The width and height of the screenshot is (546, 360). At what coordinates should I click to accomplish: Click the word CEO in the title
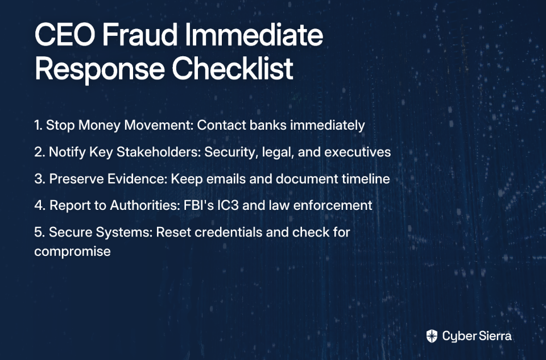pos(65,35)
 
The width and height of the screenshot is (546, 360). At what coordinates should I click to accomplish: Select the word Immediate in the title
pos(254,35)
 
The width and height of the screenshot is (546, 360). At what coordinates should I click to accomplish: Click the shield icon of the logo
pos(432,336)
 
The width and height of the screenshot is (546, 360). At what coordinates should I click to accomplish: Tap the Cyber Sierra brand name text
pos(477,336)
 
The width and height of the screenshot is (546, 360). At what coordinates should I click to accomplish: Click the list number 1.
pos(38,125)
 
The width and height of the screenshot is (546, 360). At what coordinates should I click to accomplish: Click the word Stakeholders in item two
pos(159,152)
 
